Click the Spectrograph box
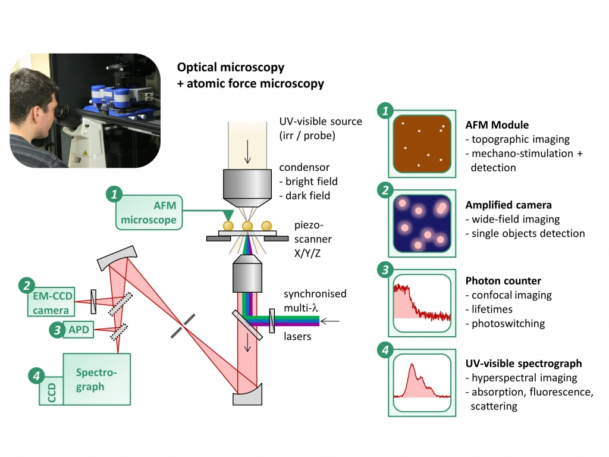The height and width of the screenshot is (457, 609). (96, 380)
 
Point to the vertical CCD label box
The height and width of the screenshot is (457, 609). (50, 392)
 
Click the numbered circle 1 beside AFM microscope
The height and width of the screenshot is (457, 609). (114, 195)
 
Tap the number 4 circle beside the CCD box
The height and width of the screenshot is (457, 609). (36, 375)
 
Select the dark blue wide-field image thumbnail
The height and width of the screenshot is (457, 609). (422, 223)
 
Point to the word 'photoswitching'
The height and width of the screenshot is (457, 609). (508, 324)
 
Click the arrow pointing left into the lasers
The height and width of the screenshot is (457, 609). (330, 321)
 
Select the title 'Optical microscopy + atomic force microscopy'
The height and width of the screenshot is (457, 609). (250, 76)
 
